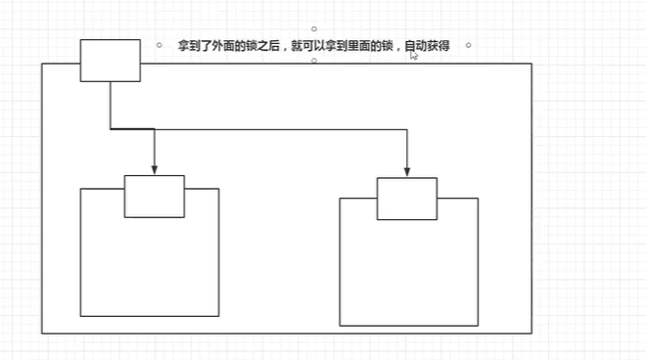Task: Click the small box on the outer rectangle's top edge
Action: [x=110, y=61]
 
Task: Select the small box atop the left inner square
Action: [x=155, y=197]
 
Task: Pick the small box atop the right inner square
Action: [x=407, y=200]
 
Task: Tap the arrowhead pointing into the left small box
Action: [x=155, y=170]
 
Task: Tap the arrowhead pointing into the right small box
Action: [x=407, y=172]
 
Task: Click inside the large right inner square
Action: [x=408, y=274]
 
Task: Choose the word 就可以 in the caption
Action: [x=310, y=46]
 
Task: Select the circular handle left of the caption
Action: [x=159, y=45]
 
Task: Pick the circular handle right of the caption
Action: [x=469, y=45]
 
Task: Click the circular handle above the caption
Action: [x=313, y=28]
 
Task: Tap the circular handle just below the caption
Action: [x=313, y=61]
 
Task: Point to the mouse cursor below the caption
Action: [x=414, y=57]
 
